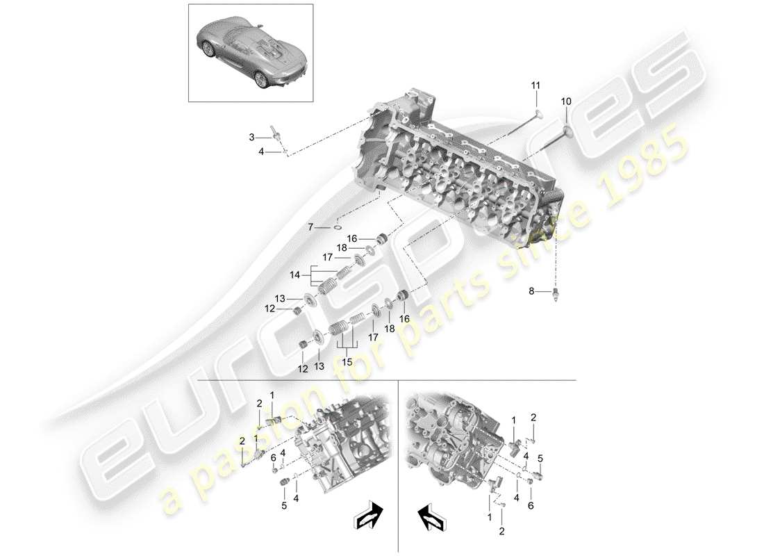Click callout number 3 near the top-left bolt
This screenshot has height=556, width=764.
coord(253,137)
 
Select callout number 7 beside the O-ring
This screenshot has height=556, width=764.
coord(310,227)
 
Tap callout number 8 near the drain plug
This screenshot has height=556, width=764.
coord(533,292)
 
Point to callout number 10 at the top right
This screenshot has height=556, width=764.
coord(567,101)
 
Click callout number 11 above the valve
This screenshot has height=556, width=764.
coord(535,85)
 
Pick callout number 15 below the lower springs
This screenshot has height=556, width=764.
coord(345,361)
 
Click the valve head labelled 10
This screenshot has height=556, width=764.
coord(570,127)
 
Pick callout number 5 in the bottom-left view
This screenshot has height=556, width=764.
coord(284,506)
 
